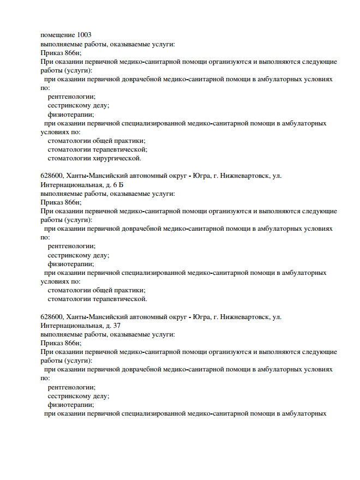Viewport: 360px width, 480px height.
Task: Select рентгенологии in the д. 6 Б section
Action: click(x=71, y=246)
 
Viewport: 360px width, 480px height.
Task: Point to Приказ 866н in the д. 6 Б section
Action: click(x=61, y=202)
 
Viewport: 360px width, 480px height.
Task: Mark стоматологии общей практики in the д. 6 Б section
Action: click(x=96, y=290)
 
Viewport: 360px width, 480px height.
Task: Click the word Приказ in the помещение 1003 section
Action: click(x=51, y=52)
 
